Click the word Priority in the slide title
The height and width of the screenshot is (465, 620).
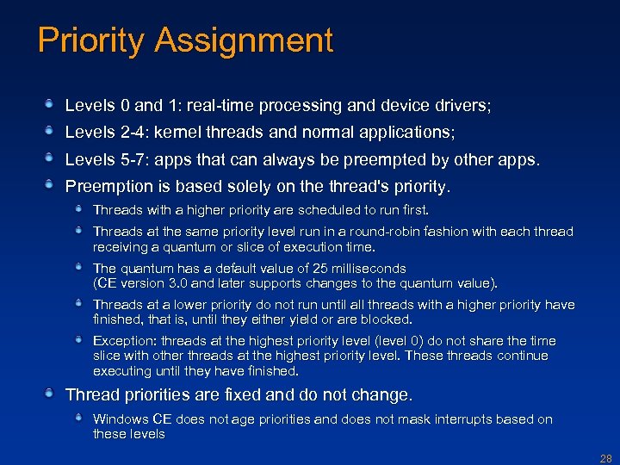(x=90, y=41)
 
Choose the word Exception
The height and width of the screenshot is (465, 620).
(x=123, y=341)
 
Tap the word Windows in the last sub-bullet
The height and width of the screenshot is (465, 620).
(x=120, y=419)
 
